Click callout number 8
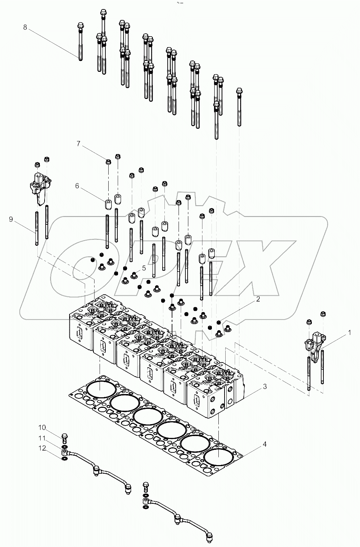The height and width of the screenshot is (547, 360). coord(25,27)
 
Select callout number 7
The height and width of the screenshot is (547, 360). coord(78,144)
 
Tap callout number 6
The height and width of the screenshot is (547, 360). coord(77,186)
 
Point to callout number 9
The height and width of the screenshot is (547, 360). coord(11,219)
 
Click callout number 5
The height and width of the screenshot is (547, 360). coord(144,268)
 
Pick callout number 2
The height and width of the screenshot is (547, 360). coord(258,299)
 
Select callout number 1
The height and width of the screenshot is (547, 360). coord(349,332)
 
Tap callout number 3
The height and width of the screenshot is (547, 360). coord(265,387)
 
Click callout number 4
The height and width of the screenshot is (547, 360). coord(265,444)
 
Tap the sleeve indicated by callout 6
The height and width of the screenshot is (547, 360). coord(108,204)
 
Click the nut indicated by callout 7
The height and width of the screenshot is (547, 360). coord(108,161)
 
